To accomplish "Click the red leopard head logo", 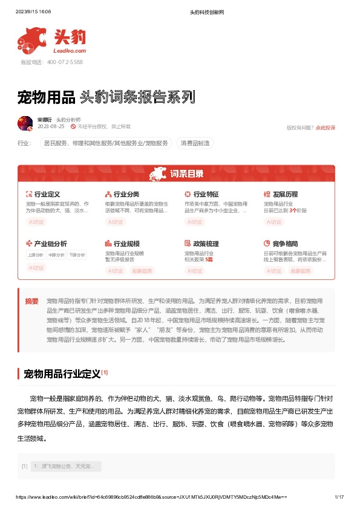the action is coord(31,39).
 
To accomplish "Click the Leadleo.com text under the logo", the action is coord(70,51).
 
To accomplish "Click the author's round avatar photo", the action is coord(25,123).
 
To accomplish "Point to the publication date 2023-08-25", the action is coord(51,127).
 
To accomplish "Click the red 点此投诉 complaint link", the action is coord(326,128).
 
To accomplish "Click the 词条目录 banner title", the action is coord(186,174).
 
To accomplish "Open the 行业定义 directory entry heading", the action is coord(47,194).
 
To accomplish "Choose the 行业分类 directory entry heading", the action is coord(126,194).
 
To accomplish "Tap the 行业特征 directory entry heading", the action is coord(206,194).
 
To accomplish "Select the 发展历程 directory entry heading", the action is coord(285,194).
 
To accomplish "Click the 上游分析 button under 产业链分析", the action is coord(35,254).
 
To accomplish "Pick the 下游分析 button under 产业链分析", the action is coord(77,254).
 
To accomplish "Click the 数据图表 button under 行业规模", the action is coord(142,271).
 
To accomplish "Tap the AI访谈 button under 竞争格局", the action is coord(273,271).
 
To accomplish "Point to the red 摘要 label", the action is coord(31,301).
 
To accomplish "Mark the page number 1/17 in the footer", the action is coord(339,496).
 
